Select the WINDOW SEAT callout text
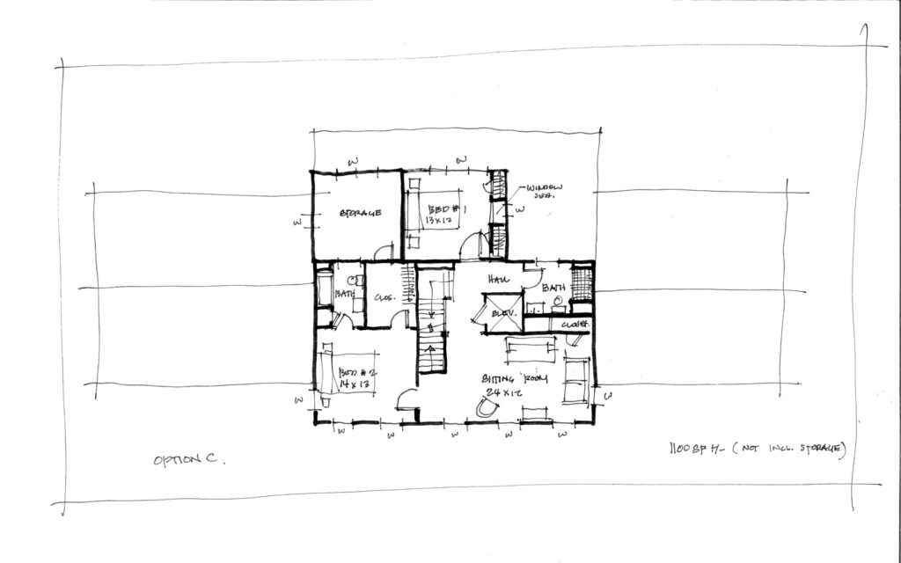click(x=544, y=193)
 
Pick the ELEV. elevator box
click(x=502, y=313)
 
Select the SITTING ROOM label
click(x=515, y=379)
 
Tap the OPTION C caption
click(x=188, y=460)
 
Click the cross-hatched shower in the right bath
click(x=581, y=284)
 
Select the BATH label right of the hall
click(x=553, y=288)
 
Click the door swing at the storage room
click(x=384, y=253)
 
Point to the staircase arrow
click(x=431, y=352)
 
